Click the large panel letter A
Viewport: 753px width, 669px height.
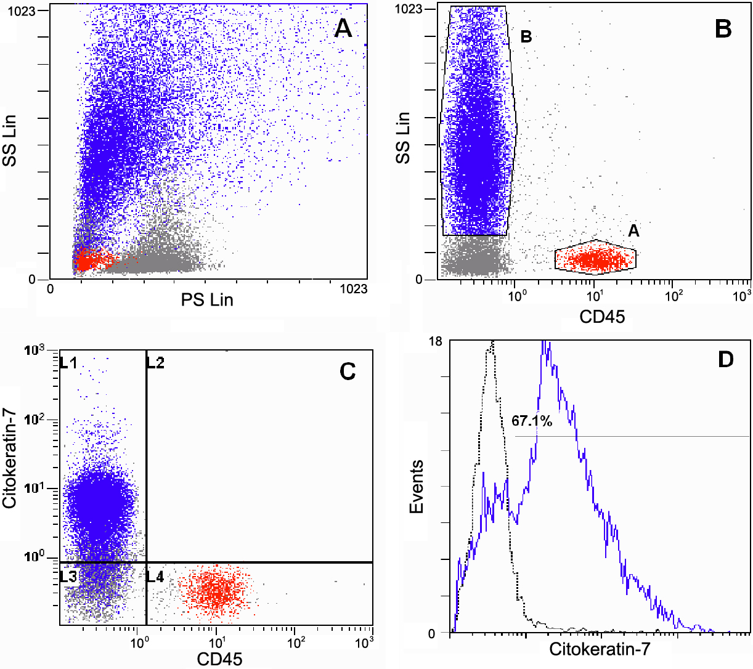click(343, 28)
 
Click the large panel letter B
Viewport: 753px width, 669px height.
click(723, 28)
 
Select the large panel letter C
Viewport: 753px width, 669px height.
click(348, 371)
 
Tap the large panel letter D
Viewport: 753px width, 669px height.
click(726, 359)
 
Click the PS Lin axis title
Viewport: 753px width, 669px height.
click(207, 300)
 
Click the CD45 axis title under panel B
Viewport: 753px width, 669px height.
click(602, 317)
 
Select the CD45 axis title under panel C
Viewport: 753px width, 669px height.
click(219, 659)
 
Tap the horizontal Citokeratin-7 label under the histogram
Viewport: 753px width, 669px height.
click(600, 649)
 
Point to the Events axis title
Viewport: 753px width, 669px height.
click(417, 487)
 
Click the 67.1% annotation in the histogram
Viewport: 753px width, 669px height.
click(532, 421)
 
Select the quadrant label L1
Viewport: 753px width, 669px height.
click(68, 363)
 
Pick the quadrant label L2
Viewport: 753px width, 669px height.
click(155, 363)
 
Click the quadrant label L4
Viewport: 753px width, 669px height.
click(155, 577)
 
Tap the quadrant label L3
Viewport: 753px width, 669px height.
click(68, 577)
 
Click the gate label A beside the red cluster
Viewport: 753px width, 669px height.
click(633, 231)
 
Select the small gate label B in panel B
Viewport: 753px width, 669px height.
click(526, 37)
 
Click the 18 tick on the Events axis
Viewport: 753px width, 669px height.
click(435, 342)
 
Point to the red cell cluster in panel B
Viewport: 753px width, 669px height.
click(595, 259)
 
